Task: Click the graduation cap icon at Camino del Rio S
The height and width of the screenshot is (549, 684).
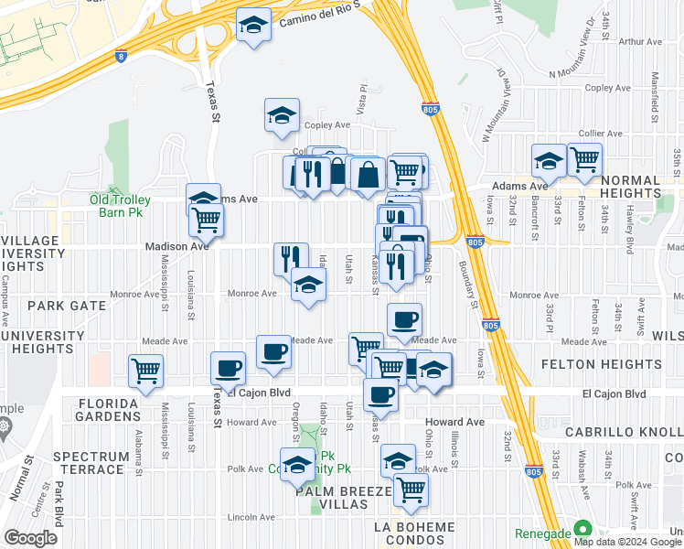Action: point(252,26)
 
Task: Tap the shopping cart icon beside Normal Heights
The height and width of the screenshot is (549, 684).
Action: point(584,159)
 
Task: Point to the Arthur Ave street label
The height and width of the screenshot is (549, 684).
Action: point(640,42)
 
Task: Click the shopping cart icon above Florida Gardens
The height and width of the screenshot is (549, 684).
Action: point(145,371)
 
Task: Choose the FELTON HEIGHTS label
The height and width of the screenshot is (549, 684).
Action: point(624,364)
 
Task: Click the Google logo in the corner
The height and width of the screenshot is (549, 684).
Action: point(30,537)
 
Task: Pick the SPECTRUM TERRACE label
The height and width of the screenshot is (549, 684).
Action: point(89,463)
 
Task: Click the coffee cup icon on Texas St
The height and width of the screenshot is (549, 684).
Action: point(228,368)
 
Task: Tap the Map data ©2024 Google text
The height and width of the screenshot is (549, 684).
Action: point(626,542)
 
